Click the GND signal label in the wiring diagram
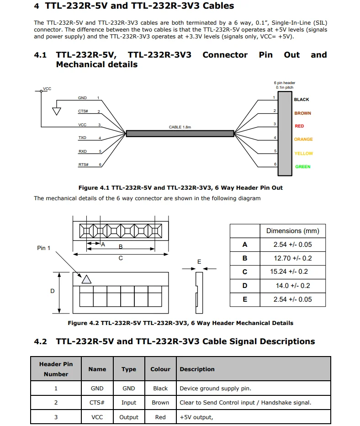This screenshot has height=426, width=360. pos(82,98)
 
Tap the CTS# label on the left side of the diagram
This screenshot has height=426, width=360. pos(83,111)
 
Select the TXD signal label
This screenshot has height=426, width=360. pos(82,138)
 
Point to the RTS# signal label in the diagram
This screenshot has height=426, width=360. pos(83,164)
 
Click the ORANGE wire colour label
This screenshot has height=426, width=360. pos(303,139)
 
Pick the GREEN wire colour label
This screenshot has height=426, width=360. pos(302,167)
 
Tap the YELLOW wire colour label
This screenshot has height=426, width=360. pos(303,154)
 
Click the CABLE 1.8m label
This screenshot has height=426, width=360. pos(180,127)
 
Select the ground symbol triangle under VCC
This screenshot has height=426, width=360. pos(57,111)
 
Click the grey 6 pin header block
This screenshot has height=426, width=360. pos(285,133)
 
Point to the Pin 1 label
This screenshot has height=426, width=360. pos(43,248)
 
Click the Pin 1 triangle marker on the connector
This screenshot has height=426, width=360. pos(86,279)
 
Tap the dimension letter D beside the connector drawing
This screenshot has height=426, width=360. pos(53,291)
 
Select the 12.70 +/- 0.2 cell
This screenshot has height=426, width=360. pos(292,258)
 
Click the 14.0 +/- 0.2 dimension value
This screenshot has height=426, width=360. pos(292,286)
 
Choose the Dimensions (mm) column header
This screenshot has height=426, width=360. pos(292,231)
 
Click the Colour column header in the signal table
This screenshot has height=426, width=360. pos(160,369)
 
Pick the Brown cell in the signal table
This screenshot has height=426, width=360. pos(160,403)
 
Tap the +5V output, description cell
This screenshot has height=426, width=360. pos(196,417)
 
